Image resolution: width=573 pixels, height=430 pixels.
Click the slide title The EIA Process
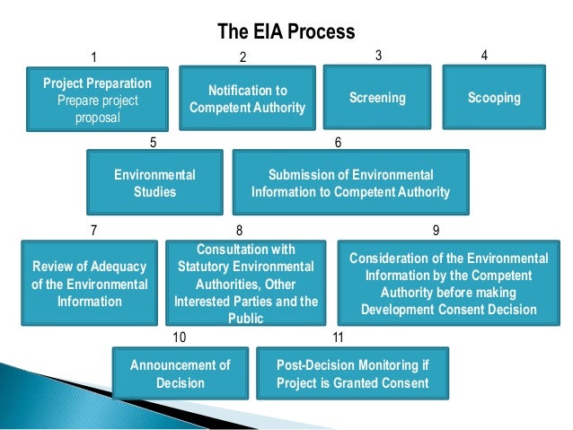pos(286,32)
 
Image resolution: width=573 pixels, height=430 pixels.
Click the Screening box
pos(377,98)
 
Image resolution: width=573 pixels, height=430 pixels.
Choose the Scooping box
pos(494,98)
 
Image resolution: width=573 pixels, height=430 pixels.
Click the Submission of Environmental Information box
pos(350,182)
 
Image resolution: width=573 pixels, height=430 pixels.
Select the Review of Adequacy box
pos(89,284)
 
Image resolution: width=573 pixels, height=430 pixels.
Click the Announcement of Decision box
pos(180,373)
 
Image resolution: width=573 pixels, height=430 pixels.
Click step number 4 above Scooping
pos(485,56)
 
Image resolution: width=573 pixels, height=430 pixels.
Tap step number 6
pos(338,143)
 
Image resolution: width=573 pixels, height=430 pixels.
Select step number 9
pos(436,230)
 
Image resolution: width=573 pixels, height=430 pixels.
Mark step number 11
pos(338,338)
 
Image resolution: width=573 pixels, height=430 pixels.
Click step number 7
pos(94,230)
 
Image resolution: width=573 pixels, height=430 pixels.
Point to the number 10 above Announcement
pos(179,338)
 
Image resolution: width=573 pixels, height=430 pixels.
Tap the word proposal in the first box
pos(97,117)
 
